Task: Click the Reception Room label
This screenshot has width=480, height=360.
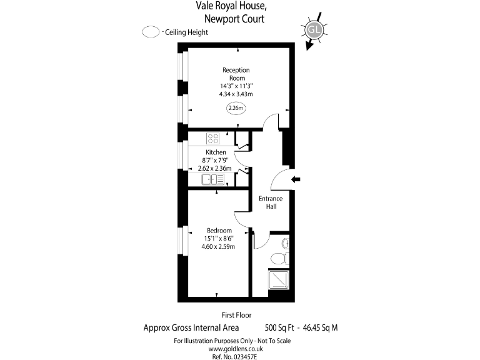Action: pos(236,74)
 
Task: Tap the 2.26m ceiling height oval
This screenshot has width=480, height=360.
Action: pos(236,108)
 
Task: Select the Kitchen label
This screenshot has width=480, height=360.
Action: pos(216,152)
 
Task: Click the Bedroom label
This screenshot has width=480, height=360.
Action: pos(219,231)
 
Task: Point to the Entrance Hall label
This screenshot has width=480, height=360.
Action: pos(271,202)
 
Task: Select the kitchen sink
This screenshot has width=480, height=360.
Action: pos(213,179)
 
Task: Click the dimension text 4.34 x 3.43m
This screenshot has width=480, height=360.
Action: pos(236,94)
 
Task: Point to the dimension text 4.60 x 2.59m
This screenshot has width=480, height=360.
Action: pos(218,247)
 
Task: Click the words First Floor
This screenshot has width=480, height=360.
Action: pos(236,315)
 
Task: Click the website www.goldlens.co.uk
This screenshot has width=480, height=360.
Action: pos(236,349)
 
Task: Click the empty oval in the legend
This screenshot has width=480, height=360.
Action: pos(151,32)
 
